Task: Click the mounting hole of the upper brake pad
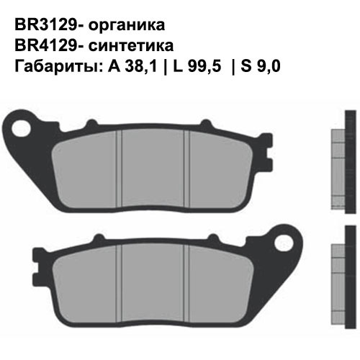pos(32,130)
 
